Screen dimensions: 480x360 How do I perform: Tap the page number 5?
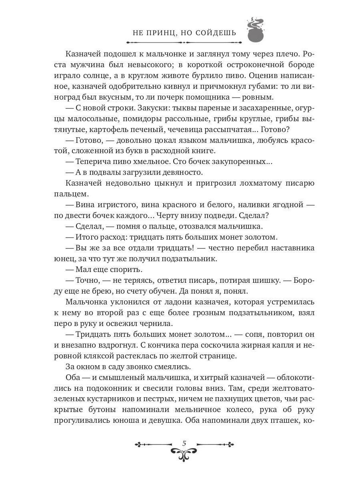184,443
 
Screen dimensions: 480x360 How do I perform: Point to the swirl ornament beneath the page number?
184,454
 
